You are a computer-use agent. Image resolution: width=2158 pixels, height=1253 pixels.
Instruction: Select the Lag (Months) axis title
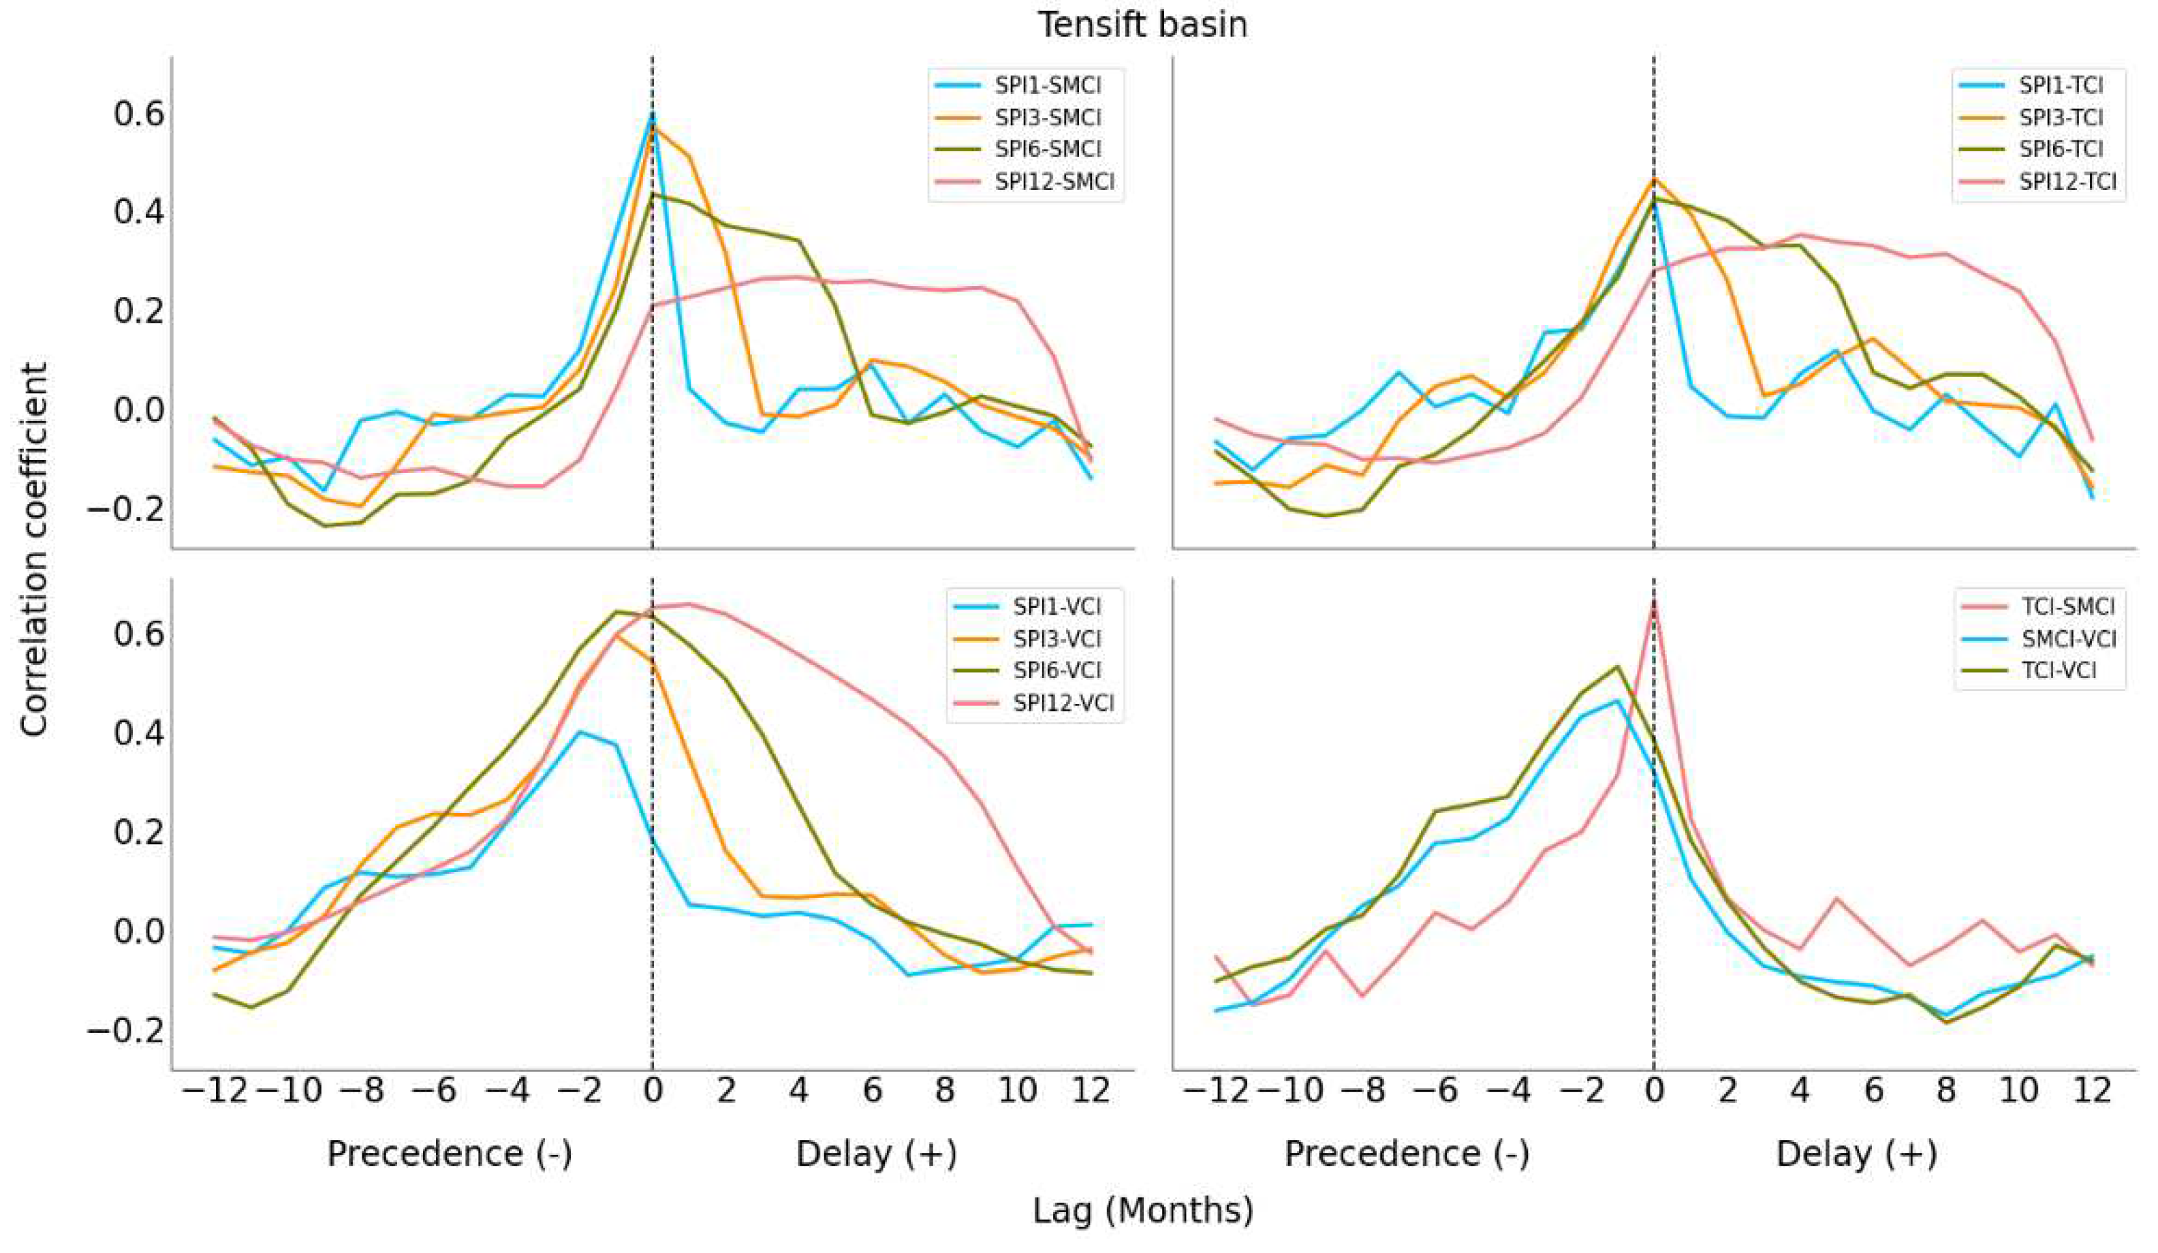[x=1142, y=1210]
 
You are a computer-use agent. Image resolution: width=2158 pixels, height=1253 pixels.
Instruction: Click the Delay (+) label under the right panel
[x=1856, y=1154]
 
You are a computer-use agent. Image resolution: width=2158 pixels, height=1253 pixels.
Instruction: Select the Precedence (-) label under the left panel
[x=449, y=1154]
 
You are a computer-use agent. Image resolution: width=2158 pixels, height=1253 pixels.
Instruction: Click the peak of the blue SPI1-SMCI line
[x=653, y=112]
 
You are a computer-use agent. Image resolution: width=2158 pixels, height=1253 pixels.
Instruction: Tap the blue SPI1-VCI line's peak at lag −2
[x=580, y=731]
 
